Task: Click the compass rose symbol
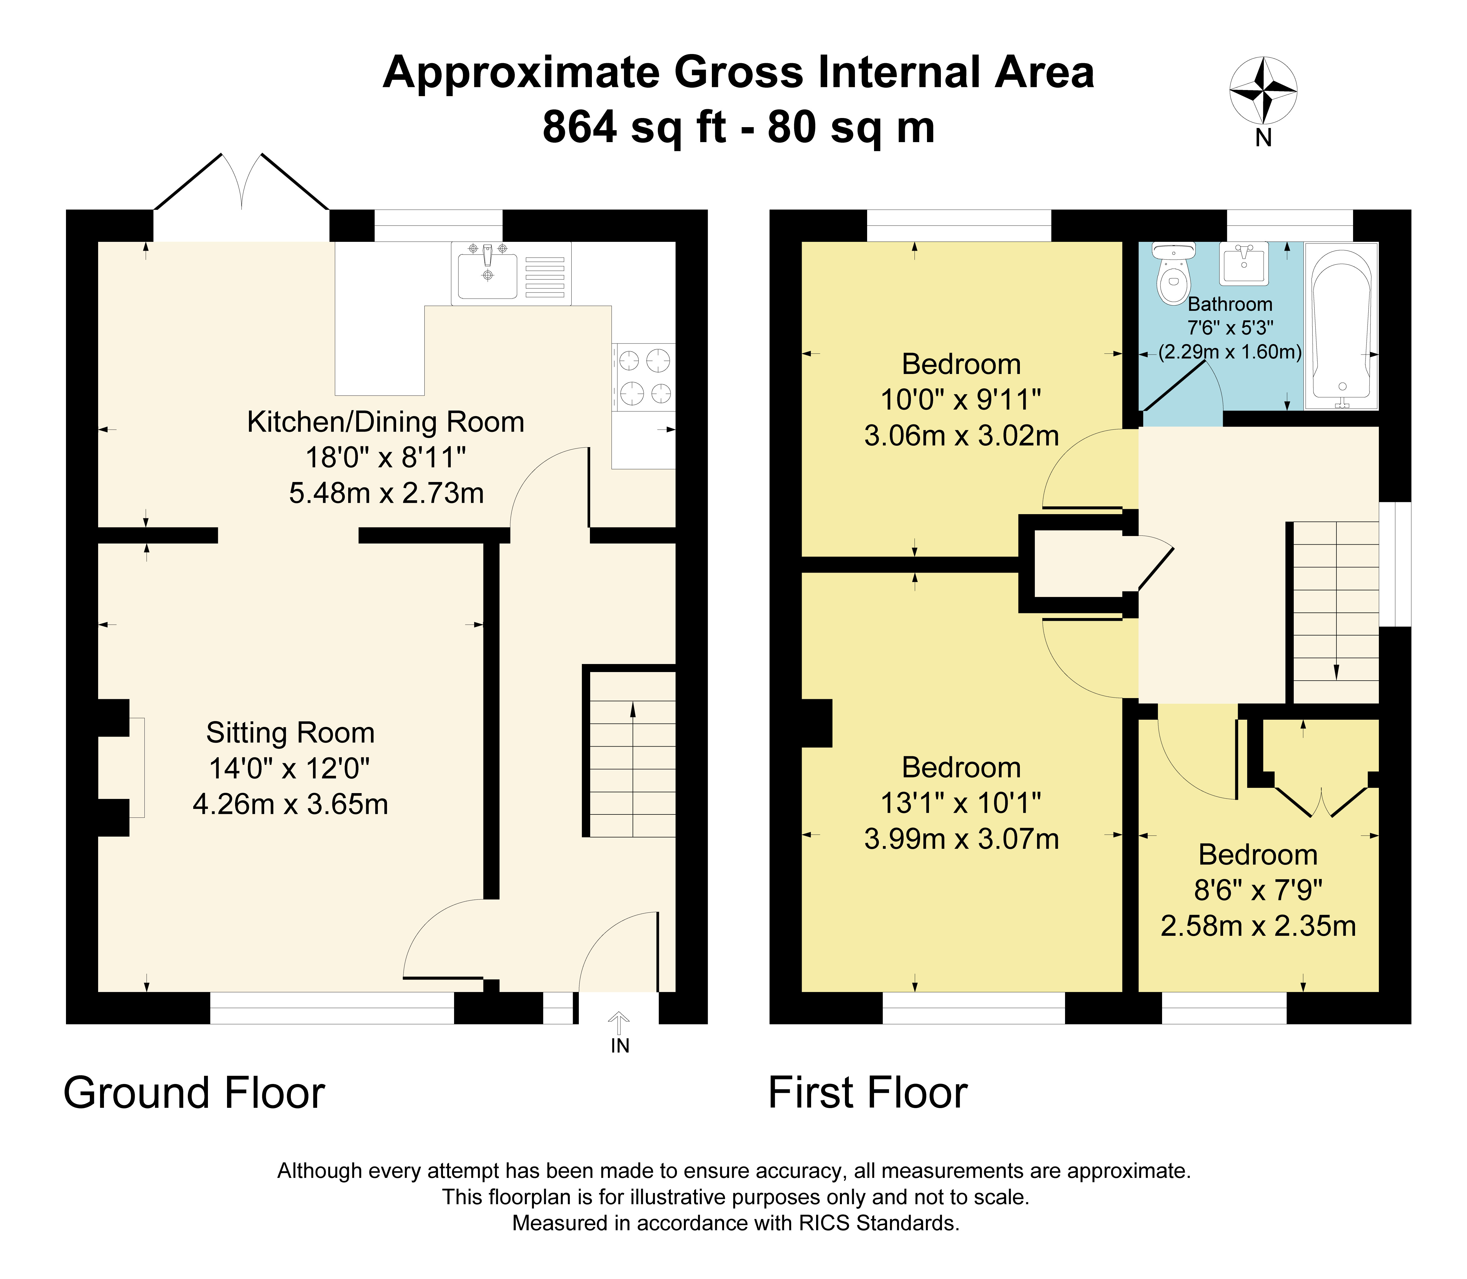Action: (x=1263, y=91)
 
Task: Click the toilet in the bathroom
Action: (x=1173, y=273)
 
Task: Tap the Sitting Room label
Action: (x=290, y=733)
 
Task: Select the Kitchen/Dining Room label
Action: (x=386, y=422)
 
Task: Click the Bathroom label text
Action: (x=1230, y=304)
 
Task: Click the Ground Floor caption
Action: (x=194, y=1093)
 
